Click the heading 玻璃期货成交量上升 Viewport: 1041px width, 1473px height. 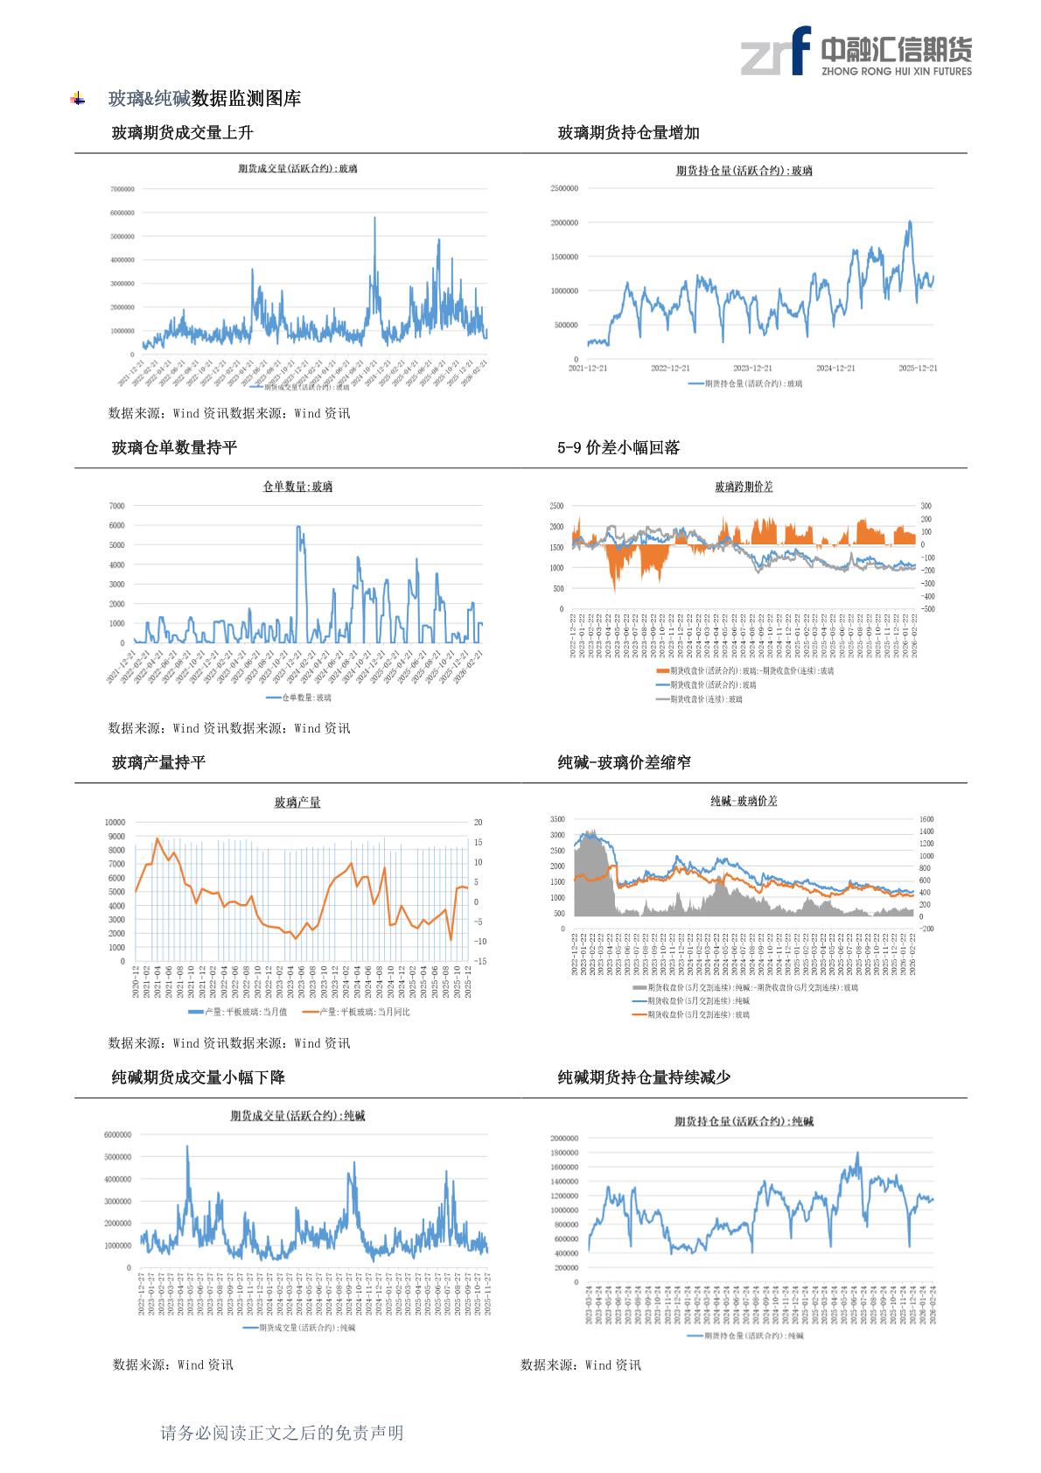click(x=183, y=133)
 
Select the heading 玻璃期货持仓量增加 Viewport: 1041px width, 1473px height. click(x=628, y=133)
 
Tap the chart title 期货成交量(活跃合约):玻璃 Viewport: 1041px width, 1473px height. click(x=297, y=168)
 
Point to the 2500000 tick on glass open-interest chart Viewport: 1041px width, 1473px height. click(x=563, y=188)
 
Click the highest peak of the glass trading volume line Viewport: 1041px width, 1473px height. click(x=375, y=218)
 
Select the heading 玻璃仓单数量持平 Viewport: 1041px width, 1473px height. click(x=174, y=448)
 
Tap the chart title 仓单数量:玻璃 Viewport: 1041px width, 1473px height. click(x=297, y=487)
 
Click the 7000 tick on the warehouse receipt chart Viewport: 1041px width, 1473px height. click(x=116, y=506)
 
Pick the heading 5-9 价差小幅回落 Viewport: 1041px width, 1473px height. click(x=618, y=448)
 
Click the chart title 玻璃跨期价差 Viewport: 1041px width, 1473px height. click(x=744, y=487)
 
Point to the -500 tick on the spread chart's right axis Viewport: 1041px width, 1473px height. click(x=927, y=609)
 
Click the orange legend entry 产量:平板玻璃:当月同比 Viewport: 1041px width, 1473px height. click(x=356, y=1012)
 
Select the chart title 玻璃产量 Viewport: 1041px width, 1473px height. click(x=297, y=802)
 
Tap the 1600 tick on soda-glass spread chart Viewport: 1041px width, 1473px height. click(x=926, y=819)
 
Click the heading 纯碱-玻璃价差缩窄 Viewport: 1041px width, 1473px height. click(x=624, y=763)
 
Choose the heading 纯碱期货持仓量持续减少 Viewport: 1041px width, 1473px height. click(x=644, y=1077)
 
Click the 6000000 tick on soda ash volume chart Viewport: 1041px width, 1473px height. click(x=117, y=1134)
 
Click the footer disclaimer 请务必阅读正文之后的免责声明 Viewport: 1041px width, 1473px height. click(x=282, y=1433)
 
